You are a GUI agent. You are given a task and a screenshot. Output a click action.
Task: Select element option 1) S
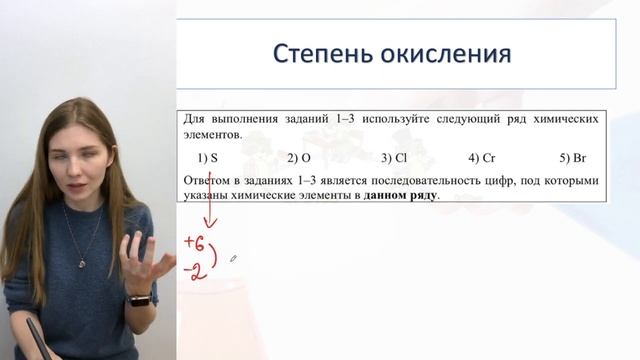(x=208, y=158)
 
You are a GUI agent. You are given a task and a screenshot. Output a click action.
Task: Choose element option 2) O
(x=299, y=158)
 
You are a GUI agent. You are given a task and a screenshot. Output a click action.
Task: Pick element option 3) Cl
(x=394, y=158)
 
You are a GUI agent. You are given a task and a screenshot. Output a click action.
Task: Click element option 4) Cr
(x=482, y=158)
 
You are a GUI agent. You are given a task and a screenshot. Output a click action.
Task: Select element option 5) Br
(x=573, y=158)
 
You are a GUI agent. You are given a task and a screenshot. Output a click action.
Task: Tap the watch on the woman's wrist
(x=139, y=298)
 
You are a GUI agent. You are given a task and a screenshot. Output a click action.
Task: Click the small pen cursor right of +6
(x=233, y=257)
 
